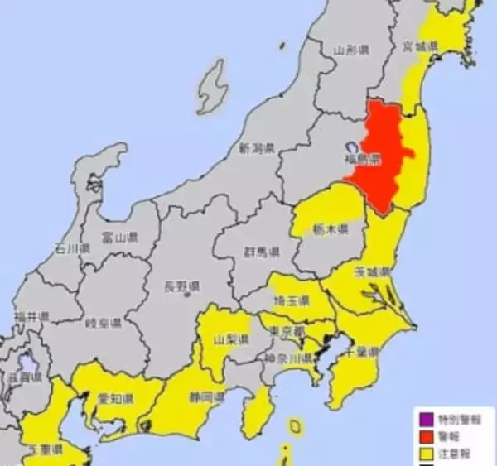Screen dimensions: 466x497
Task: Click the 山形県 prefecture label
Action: click(351, 50)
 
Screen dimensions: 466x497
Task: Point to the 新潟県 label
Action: click(256, 149)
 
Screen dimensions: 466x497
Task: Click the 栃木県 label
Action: click(330, 228)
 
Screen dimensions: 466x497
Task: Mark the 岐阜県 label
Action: click(103, 323)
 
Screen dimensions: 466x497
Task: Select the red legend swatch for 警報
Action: click(427, 436)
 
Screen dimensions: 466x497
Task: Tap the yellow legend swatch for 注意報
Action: click(427, 452)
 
